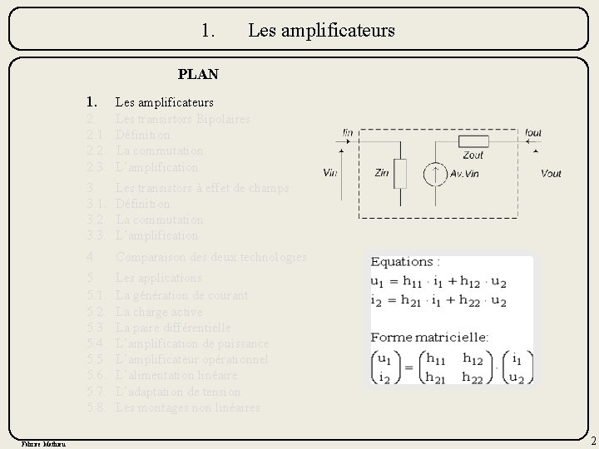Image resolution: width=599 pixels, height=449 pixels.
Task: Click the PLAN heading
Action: point(198,74)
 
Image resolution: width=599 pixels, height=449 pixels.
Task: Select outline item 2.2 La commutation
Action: point(159,150)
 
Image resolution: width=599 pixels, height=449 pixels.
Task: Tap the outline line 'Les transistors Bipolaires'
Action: point(182,119)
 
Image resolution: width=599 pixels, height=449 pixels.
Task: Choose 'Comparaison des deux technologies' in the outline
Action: point(211,258)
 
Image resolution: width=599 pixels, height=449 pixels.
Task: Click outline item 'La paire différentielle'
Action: point(173,328)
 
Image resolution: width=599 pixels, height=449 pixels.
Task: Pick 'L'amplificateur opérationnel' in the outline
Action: point(191,359)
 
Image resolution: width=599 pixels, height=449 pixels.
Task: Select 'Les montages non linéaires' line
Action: point(188,407)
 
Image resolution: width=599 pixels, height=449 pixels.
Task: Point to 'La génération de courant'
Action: point(181,295)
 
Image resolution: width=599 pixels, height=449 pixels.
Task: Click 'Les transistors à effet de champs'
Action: point(202,188)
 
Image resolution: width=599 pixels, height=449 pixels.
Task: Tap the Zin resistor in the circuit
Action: point(399,173)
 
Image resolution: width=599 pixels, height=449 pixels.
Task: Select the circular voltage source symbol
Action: point(433,173)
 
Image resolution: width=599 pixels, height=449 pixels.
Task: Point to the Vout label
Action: point(550,173)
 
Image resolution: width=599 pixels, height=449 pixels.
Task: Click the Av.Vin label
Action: point(465,173)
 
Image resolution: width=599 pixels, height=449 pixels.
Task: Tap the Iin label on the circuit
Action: point(348,133)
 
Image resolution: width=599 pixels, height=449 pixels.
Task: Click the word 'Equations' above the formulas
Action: point(402,262)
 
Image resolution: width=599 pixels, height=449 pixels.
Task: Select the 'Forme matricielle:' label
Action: point(418,338)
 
